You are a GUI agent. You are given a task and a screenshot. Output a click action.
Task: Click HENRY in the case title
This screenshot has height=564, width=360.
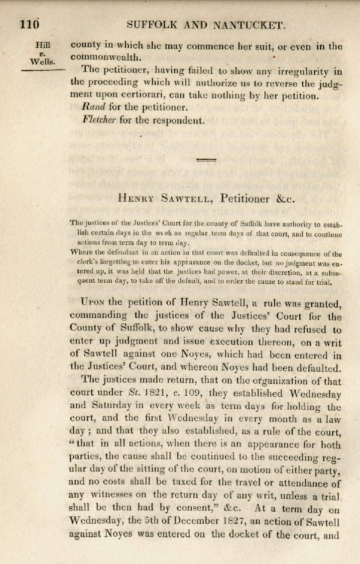tap(138, 198)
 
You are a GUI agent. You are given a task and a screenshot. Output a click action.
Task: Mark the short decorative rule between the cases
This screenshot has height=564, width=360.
tap(207, 160)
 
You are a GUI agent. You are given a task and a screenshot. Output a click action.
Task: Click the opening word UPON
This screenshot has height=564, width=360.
tap(92, 302)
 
